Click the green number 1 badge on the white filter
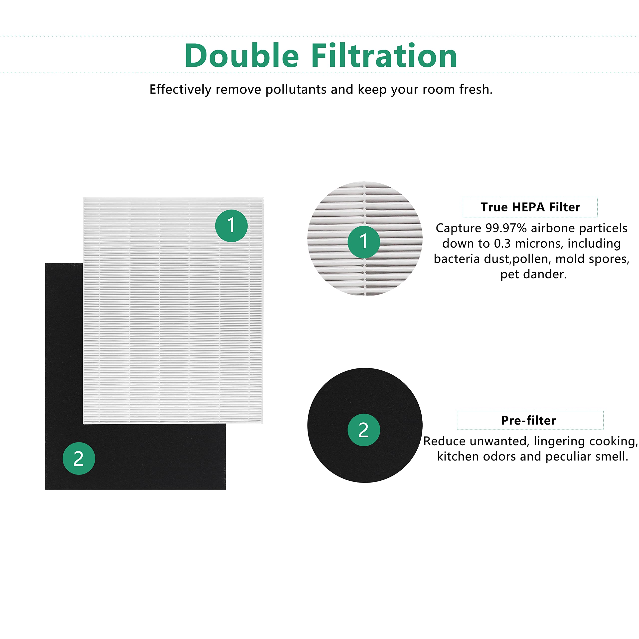[231, 226]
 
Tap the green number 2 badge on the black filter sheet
[79, 459]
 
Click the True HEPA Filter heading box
[530, 207]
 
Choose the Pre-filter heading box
[530, 420]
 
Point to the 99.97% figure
[506, 228]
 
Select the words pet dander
[533, 274]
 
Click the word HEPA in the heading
[528, 207]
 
